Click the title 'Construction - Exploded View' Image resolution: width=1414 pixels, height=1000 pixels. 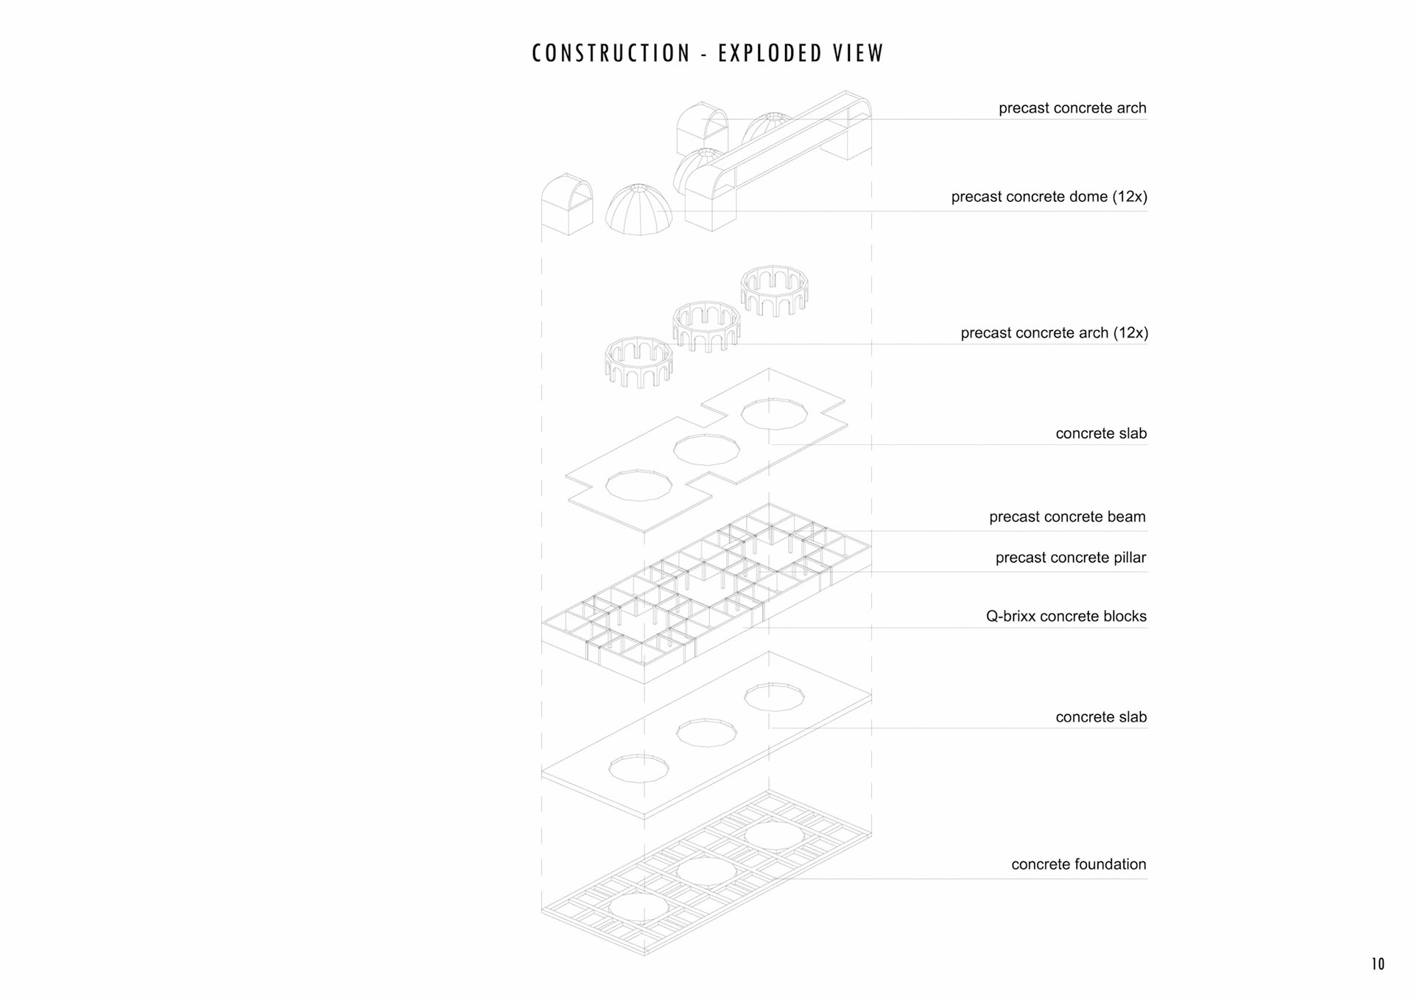coord(707,54)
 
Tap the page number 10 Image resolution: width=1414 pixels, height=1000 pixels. coord(1377,964)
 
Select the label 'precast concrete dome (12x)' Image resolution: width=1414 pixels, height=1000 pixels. coord(1049,197)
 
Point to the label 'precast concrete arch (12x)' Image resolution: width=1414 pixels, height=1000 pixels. coord(1054,333)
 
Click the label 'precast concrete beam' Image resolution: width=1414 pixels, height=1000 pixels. coord(1067,517)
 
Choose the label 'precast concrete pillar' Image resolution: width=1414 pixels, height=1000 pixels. coord(1070,558)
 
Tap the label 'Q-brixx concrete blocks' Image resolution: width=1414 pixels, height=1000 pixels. coord(1066,617)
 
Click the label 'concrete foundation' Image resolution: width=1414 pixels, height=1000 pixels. coord(1078,864)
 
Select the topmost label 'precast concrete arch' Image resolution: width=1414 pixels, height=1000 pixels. coord(1072,108)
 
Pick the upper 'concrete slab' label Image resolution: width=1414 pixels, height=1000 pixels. coord(1101,433)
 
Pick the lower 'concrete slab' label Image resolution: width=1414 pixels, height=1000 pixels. coord(1101,717)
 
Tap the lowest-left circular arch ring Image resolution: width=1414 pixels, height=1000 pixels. coord(639,362)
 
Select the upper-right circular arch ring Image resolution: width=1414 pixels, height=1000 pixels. coord(774,290)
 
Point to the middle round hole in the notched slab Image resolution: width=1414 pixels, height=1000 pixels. coord(706,450)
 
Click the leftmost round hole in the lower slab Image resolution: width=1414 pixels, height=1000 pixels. coord(639,768)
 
